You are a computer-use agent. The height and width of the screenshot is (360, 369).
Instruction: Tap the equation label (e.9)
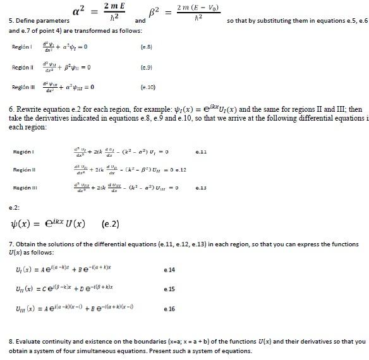pyautogui.click(x=146, y=66)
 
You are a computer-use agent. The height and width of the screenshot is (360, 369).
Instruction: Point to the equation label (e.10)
pyautogui.click(x=147, y=87)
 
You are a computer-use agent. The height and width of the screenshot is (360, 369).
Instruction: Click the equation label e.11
pyautogui.click(x=202, y=152)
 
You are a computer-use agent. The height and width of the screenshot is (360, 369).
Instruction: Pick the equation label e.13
pyautogui.click(x=202, y=188)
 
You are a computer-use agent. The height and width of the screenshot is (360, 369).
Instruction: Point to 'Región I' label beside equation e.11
pyautogui.click(x=23, y=152)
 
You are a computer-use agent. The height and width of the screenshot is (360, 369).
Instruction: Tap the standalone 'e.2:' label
pyautogui.click(x=14, y=207)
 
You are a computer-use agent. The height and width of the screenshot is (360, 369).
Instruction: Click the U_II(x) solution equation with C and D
pyautogui.click(x=63, y=290)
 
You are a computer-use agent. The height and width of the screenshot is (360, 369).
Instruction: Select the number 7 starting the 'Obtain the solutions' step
pyautogui.click(x=11, y=244)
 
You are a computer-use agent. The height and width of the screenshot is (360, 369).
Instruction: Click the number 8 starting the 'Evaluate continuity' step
pyautogui.click(x=11, y=342)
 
